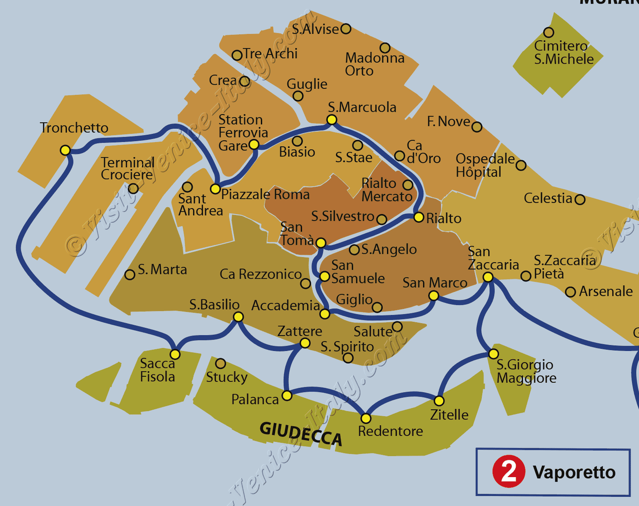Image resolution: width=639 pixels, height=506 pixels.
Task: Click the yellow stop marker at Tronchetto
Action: pyautogui.click(x=65, y=150)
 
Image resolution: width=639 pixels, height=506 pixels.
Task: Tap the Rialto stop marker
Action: pyautogui.click(x=419, y=217)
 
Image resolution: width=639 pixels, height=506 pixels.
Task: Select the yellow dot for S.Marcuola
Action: pyautogui.click(x=331, y=120)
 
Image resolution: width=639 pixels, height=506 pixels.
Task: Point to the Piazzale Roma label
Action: pyautogui.click(x=265, y=194)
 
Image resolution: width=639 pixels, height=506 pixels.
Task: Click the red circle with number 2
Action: pyautogui.click(x=508, y=472)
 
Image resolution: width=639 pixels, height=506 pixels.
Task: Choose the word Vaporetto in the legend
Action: pyautogui.click(x=574, y=472)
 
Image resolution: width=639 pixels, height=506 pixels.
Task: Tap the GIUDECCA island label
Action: pyautogui.click(x=301, y=433)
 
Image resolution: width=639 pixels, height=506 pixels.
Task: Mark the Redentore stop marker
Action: pyautogui.click(x=366, y=418)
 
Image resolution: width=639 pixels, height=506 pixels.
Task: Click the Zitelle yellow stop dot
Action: pyautogui.click(x=439, y=401)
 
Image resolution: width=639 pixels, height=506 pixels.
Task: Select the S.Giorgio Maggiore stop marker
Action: pyautogui.click(x=493, y=354)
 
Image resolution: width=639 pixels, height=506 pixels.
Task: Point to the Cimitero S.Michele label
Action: pyautogui.click(x=563, y=53)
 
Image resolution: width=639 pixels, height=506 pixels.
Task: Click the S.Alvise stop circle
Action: pyautogui.click(x=346, y=29)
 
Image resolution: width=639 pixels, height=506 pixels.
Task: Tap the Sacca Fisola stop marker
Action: pyautogui.click(x=175, y=354)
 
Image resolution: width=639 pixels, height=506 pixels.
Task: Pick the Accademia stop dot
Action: pyautogui.click(x=325, y=314)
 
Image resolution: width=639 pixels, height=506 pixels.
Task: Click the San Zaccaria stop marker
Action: pyautogui.click(x=488, y=277)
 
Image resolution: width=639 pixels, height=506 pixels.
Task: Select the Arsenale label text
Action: pyautogui.click(x=606, y=291)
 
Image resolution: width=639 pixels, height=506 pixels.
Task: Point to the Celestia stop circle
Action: pyautogui.click(x=580, y=199)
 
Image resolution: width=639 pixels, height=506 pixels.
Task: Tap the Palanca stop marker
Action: pyautogui.click(x=287, y=396)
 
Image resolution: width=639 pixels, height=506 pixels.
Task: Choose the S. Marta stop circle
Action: pyautogui.click(x=130, y=275)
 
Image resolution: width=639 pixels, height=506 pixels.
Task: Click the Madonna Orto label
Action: pyautogui.click(x=375, y=64)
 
